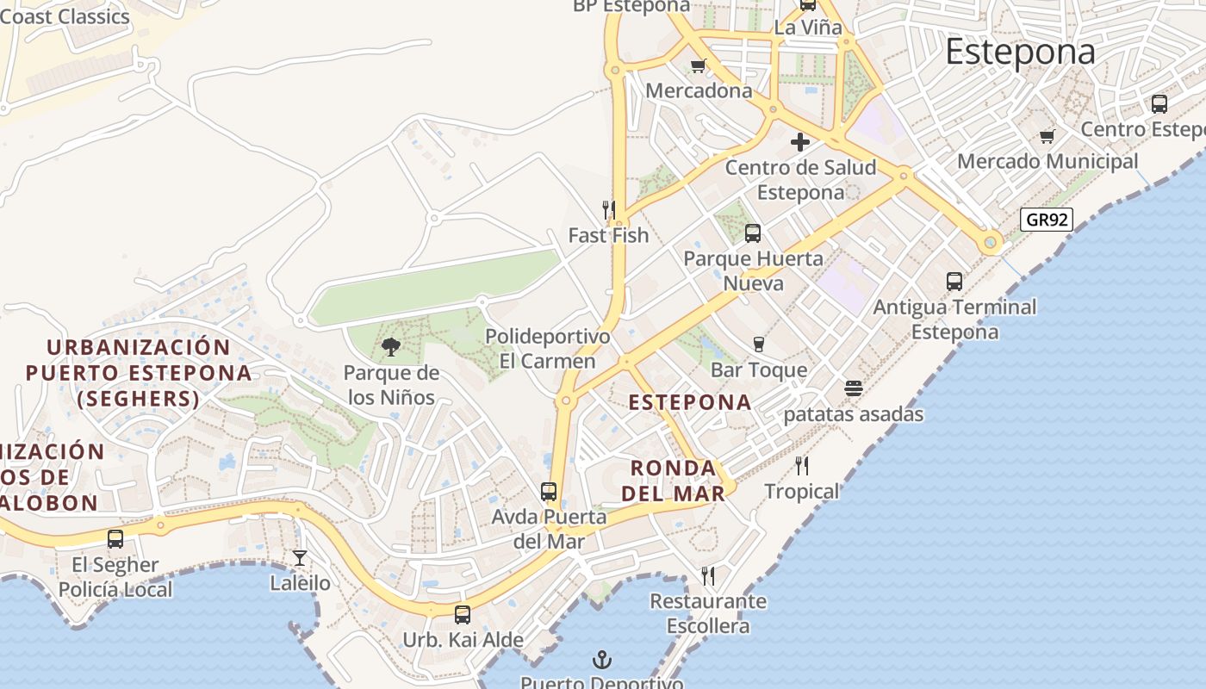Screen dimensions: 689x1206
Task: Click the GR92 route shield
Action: click(1047, 220)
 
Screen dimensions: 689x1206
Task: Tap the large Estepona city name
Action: click(1020, 52)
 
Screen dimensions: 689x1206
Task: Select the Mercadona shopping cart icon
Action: click(699, 65)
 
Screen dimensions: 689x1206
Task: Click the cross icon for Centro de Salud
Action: click(800, 142)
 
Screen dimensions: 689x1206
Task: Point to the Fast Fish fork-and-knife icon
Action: click(608, 209)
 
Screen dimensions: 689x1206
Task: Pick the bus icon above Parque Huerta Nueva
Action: click(753, 233)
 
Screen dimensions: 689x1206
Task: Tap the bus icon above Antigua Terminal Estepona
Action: click(954, 281)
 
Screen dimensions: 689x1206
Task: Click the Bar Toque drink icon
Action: click(759, 344)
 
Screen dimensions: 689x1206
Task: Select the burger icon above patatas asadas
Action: click(854, 388)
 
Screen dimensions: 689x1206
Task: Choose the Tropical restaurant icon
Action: click(802, 466)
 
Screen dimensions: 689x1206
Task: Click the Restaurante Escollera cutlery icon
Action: click(708, 575)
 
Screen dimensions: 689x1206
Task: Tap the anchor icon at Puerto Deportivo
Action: click(602, 661)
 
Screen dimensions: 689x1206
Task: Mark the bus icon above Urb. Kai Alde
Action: click(463, 615)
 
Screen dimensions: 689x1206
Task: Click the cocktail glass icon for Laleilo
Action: click(300, 558)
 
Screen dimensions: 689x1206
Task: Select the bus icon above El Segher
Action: click(115, 539)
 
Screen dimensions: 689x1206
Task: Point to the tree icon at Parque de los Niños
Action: click(391, 347)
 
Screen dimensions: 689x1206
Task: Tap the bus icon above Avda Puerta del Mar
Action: click(549, 492)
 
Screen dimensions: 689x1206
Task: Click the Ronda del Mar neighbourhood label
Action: click(674, 481)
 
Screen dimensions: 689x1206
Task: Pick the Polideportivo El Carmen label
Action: click(548, 349)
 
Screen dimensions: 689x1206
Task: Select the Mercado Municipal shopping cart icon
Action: click(1047, 136)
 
